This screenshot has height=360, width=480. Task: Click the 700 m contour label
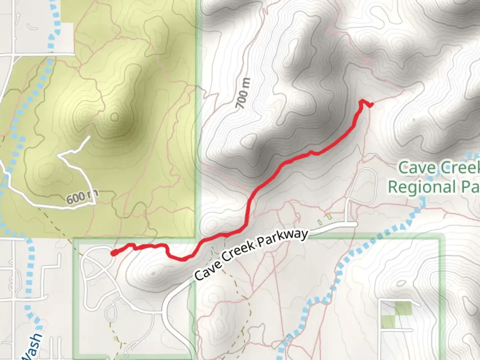pyautogui.click(x=243, y=94)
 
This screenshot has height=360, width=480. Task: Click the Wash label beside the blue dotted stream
pyautogui.click(x=33, y=347)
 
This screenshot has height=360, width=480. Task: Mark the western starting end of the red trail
pyautogui.click(x=114, y=253)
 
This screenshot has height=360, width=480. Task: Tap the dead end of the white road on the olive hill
pyautogui.click(x=89, y=137)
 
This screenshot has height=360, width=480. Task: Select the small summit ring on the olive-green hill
pyautogui.click(x=114, y=117)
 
